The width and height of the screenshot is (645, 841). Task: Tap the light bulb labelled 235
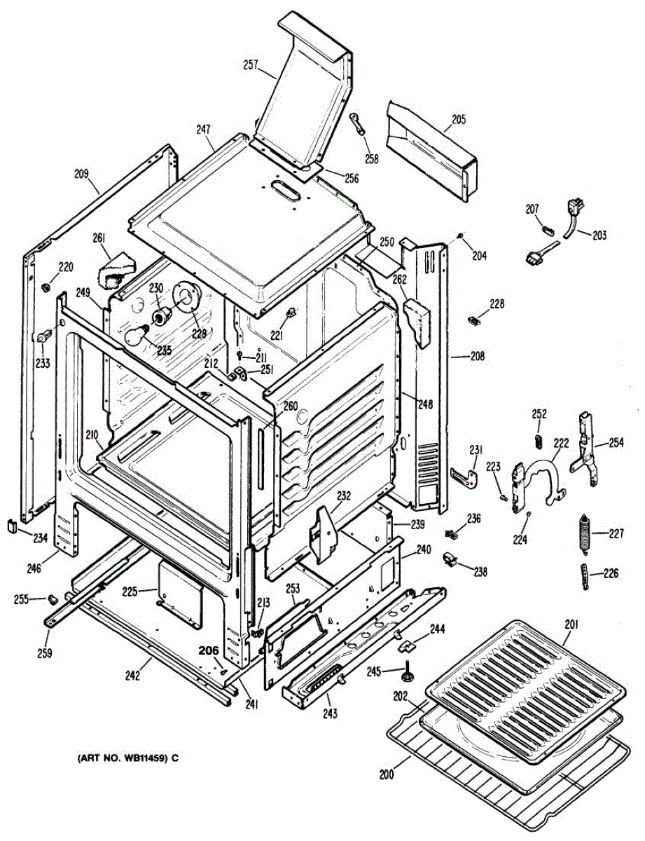pos(137,337)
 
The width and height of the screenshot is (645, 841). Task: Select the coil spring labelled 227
pos(582,533)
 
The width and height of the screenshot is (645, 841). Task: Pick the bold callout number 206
pos(208,650)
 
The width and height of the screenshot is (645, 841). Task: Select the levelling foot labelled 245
pos(405,674)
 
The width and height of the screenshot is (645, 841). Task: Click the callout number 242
pos(133,676)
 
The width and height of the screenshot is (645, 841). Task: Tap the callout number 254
pos(616,443)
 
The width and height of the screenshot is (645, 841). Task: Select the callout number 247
pos(204,129)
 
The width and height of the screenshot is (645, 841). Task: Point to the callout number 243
pos(330,714)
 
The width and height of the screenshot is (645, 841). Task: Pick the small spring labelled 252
pos(539,440)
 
